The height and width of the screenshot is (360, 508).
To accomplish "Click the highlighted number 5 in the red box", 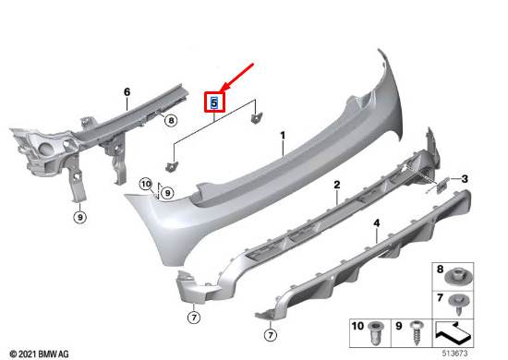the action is pyautogui.click(x=214, y=103).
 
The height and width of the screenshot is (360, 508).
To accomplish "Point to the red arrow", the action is pyautogui.click(x=236, y=78).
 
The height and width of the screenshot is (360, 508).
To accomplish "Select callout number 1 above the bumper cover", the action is pyautogui.click(x=283, y=136).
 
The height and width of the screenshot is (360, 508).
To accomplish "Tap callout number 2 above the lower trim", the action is pyautogui.click(x=337, y=185).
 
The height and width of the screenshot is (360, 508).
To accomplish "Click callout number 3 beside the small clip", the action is pyautogui.click(x=465, y=179).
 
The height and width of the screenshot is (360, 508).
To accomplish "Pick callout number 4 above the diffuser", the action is pyautogui.click(x=377, y=223).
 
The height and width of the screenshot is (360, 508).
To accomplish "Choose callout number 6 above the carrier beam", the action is pyautogui.click(x=127, y=92).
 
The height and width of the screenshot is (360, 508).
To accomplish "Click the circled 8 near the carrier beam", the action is pyautogui.click(x=171, y=121).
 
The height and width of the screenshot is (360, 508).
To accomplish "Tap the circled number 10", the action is pyautogui.click(x=146, y=185).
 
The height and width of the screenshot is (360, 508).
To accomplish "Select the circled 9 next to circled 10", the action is pyautogui.click(x=167, y=193).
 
